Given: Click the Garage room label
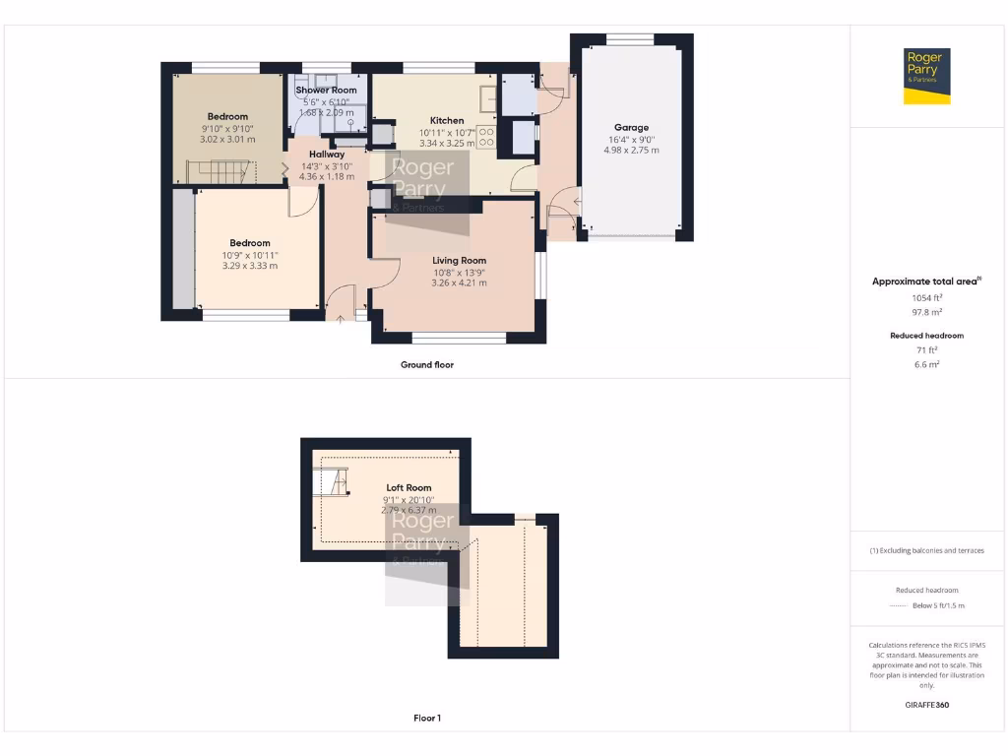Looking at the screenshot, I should [x=631, y=127].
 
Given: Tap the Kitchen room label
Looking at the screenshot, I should [x=446, y=120].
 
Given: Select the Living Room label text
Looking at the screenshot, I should [x=459, y=261].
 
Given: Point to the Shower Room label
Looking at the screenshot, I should [x=326, y=90].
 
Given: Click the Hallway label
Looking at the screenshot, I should [x=327, y=155].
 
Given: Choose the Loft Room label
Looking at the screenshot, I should [x=409, y=487].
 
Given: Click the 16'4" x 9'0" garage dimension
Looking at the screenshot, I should [x=633, y=139].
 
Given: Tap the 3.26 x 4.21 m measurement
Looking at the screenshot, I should [x=459, y=283].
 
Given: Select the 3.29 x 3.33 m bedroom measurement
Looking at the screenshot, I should [x=250, y=265].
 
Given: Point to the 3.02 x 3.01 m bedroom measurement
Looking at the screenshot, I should [x=227, y=139].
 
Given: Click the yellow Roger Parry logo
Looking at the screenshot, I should [x=927, y=76].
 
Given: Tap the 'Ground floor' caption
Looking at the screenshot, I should [x=427, y=364].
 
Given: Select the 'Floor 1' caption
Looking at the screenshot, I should [x=427, y=719].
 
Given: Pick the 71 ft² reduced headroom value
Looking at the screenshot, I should [x=927, y=350].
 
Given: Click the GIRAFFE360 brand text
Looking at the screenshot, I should [x=927, y=705].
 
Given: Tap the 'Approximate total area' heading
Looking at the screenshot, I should [x=925, y=282].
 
